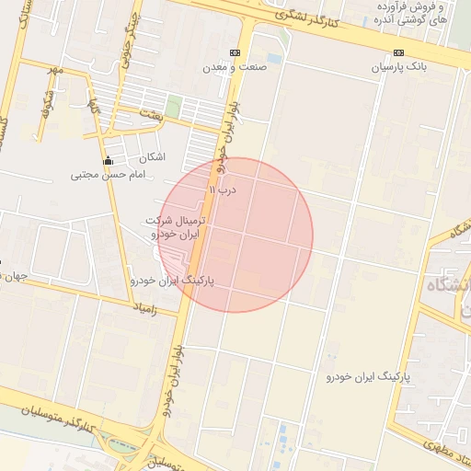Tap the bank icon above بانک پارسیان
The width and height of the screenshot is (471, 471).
tap(398, 53)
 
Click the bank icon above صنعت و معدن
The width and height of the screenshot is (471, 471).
tap(235, 52)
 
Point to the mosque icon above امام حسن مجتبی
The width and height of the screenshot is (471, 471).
tap(109, 160)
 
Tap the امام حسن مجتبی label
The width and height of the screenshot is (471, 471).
tap(109, 174)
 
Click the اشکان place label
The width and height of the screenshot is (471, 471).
tap(153, 157)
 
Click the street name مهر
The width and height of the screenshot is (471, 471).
tap(57, 69)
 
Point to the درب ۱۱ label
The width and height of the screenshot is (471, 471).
tap(224, 190)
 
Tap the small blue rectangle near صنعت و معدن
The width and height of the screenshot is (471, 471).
tap(274, 58)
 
